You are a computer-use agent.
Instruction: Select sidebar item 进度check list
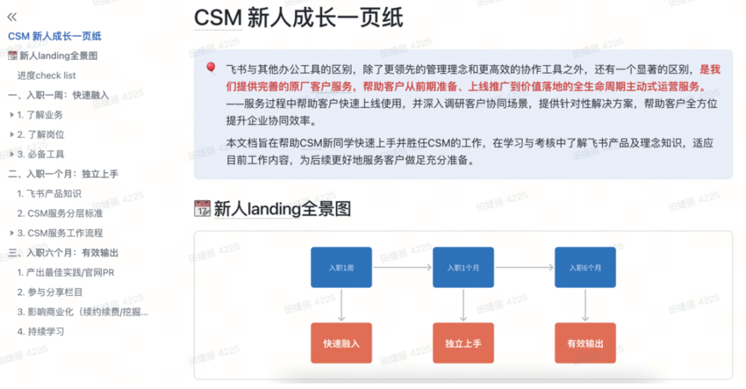pyautogui.click(x=47, y=76)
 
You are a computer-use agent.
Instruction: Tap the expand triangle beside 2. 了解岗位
pyautogui.click(x=12, y=134)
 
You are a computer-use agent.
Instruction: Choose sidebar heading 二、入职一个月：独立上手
pyautogui.click(x=63, y=174)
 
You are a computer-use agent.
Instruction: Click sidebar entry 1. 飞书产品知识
pyautogui.click(x=50, y=194)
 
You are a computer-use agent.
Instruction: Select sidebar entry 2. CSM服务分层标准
pyautogui.click(x=60, y=213)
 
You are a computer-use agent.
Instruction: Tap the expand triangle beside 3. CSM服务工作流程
pyautogui.click(x=12, y=233)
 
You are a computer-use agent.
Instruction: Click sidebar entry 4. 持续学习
pyautogui.click(x=41, y=331)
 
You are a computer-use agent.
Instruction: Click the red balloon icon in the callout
pyautogui.click(x=211, y=68)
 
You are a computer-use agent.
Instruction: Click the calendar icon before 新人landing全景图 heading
pyautogui.click(x=202, y=208)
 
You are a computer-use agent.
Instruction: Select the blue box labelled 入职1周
pyautogui.click(x=341, y=268)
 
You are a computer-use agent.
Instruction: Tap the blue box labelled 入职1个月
pyautogui.click(x=463, y=268)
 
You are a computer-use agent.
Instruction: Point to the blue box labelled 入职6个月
pyautogui.click(x=585, y=268)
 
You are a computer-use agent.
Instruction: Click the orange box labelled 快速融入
pyautogui.click(x=341, y=343)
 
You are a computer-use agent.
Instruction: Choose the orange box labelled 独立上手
pyautogui.click(x=463, y=343)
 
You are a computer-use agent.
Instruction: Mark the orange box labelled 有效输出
pyautogui.click(x=585, y=343)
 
